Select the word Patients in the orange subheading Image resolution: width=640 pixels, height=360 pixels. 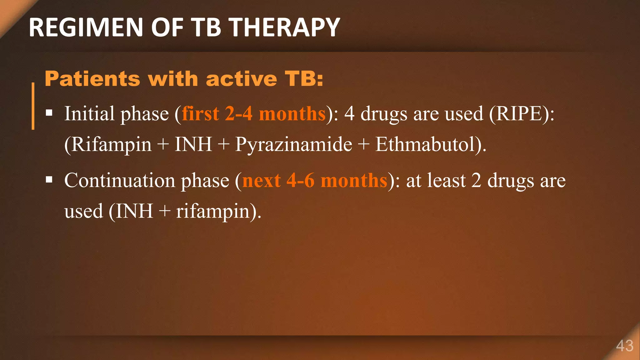click(92, 78)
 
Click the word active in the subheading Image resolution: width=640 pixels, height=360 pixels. click(241, 78)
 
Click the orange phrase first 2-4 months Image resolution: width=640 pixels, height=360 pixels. click(254, 113)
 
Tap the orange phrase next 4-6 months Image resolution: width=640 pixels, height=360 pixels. click(315, 180)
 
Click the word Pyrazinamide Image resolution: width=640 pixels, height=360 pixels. click(293, 144)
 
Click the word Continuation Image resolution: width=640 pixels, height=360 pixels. click(120, 180)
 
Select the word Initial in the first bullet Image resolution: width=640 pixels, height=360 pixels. click(89, 113)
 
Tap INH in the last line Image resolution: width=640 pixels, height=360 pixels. click(134, 211)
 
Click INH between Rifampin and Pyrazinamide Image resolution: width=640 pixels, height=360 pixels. click(193, 144)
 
